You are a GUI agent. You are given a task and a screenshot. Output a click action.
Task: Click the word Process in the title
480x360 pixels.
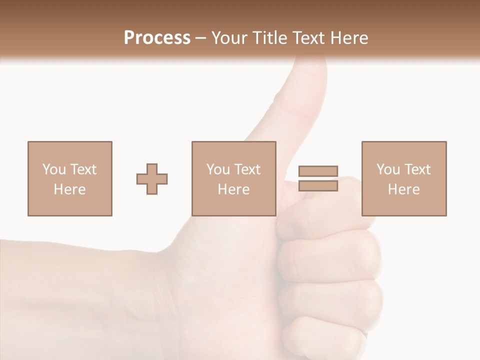157,38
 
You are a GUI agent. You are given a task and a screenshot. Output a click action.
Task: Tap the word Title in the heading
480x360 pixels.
270,38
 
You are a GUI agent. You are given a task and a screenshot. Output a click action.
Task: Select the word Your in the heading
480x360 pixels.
231,38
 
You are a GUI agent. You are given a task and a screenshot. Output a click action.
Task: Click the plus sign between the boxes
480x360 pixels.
152,178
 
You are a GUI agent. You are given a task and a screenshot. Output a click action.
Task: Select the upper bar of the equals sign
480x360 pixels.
318,171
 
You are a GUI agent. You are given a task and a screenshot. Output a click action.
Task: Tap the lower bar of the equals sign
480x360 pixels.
318,185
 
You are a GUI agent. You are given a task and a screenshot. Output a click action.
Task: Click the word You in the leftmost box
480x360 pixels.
54,169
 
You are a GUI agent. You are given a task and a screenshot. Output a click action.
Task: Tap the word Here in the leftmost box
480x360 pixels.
70,189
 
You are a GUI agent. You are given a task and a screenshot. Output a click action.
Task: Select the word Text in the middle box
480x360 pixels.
247,169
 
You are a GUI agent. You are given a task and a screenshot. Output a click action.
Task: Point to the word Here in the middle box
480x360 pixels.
233,189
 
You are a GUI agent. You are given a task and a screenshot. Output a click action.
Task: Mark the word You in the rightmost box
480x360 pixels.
388,169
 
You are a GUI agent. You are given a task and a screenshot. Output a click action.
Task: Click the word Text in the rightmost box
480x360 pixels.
417,169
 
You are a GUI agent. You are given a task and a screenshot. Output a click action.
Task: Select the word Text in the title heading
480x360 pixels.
308,38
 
